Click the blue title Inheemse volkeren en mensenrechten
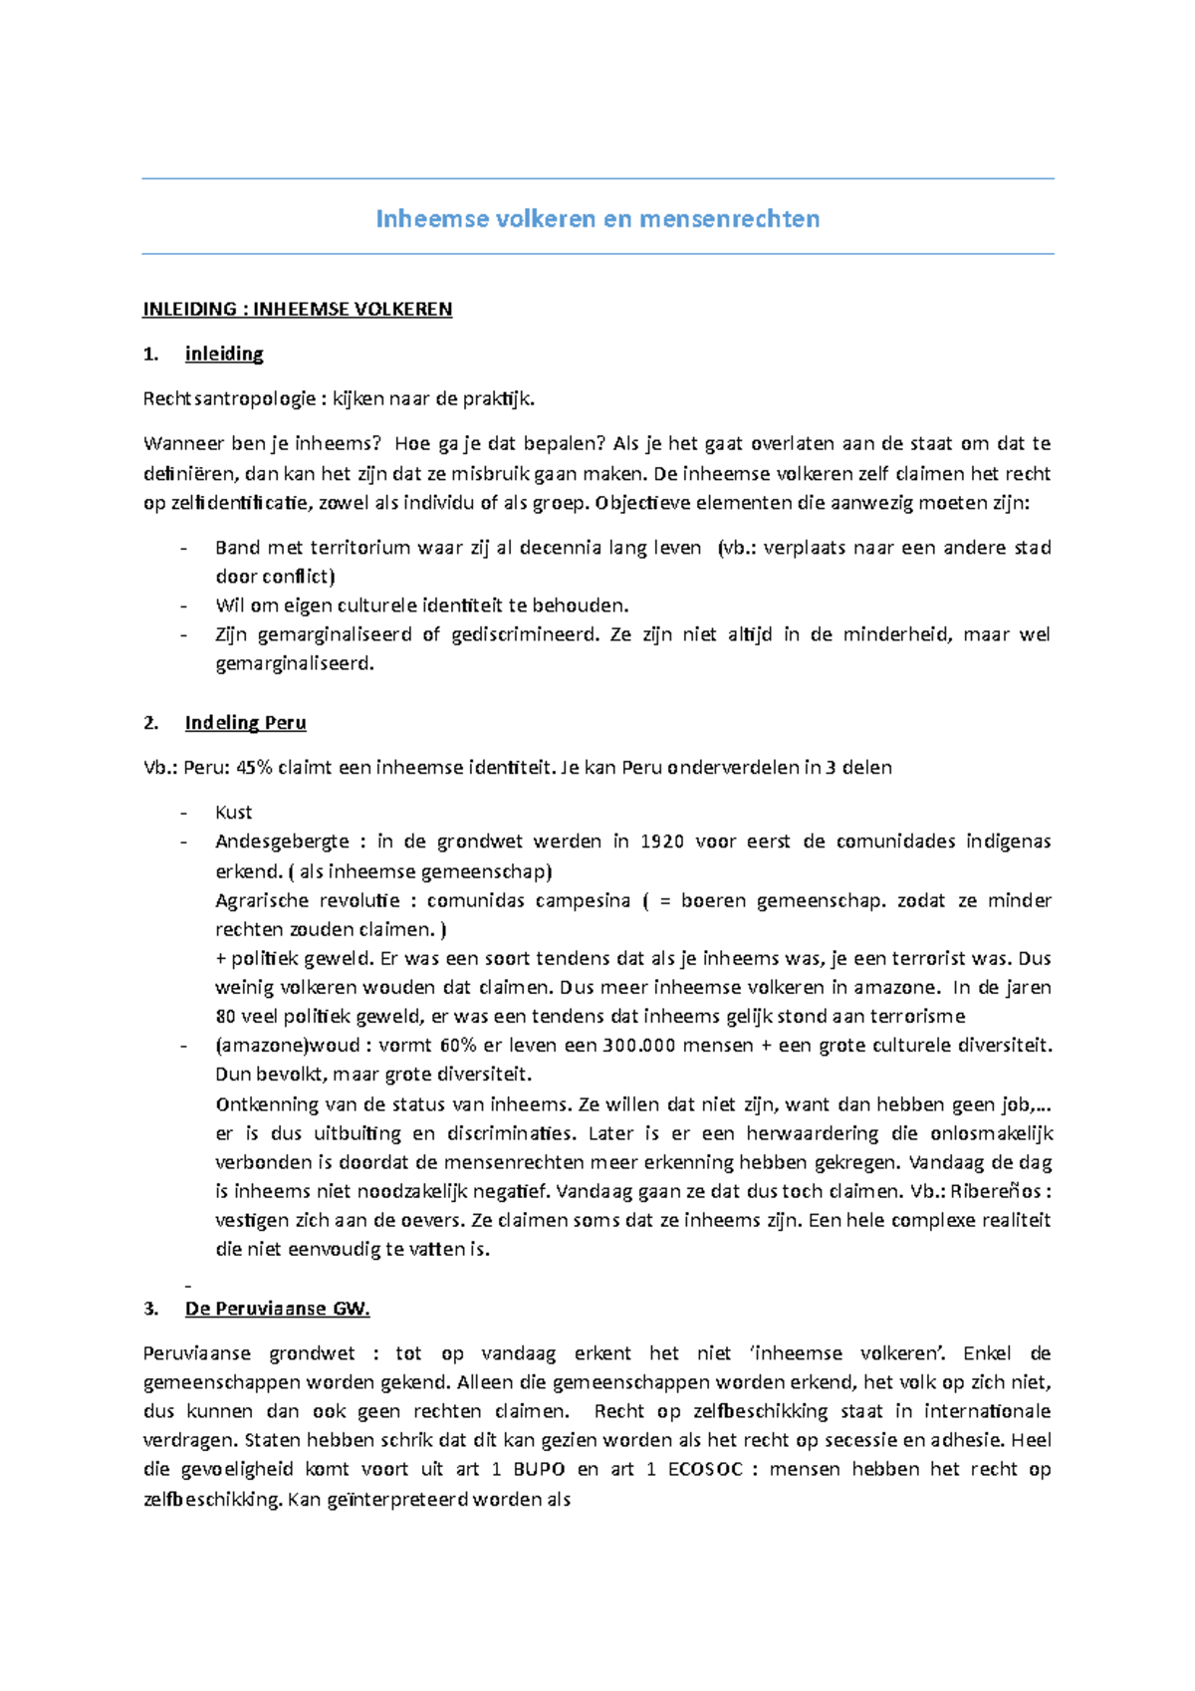coord(597,219)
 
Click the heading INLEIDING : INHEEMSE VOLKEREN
coord(297,309)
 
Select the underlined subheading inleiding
coord(224,354)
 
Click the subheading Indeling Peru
coord(245,723)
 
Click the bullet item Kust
coord(234,813)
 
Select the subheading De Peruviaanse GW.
coord(277,1309)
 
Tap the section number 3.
coord(150,1309)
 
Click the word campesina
coord(583,900)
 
